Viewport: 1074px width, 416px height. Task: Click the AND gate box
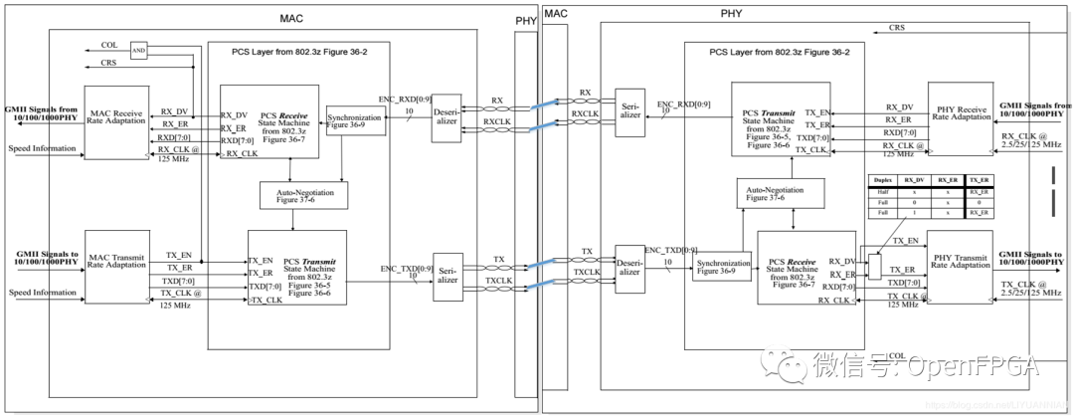click(x=138, y=51)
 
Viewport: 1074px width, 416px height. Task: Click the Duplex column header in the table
click(x=880, y=179)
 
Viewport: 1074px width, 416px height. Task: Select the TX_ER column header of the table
click(x=979, y=179)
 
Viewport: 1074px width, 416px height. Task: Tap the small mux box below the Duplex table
click(x=874, y=266)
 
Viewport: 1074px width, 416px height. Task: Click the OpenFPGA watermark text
click(x=971, y=366)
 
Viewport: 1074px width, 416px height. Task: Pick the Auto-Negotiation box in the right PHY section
click(x=780, y=193)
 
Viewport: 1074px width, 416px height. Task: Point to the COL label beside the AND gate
click(x=108, y=45)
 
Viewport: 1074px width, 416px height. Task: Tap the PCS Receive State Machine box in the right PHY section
click(x=805, y=268)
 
